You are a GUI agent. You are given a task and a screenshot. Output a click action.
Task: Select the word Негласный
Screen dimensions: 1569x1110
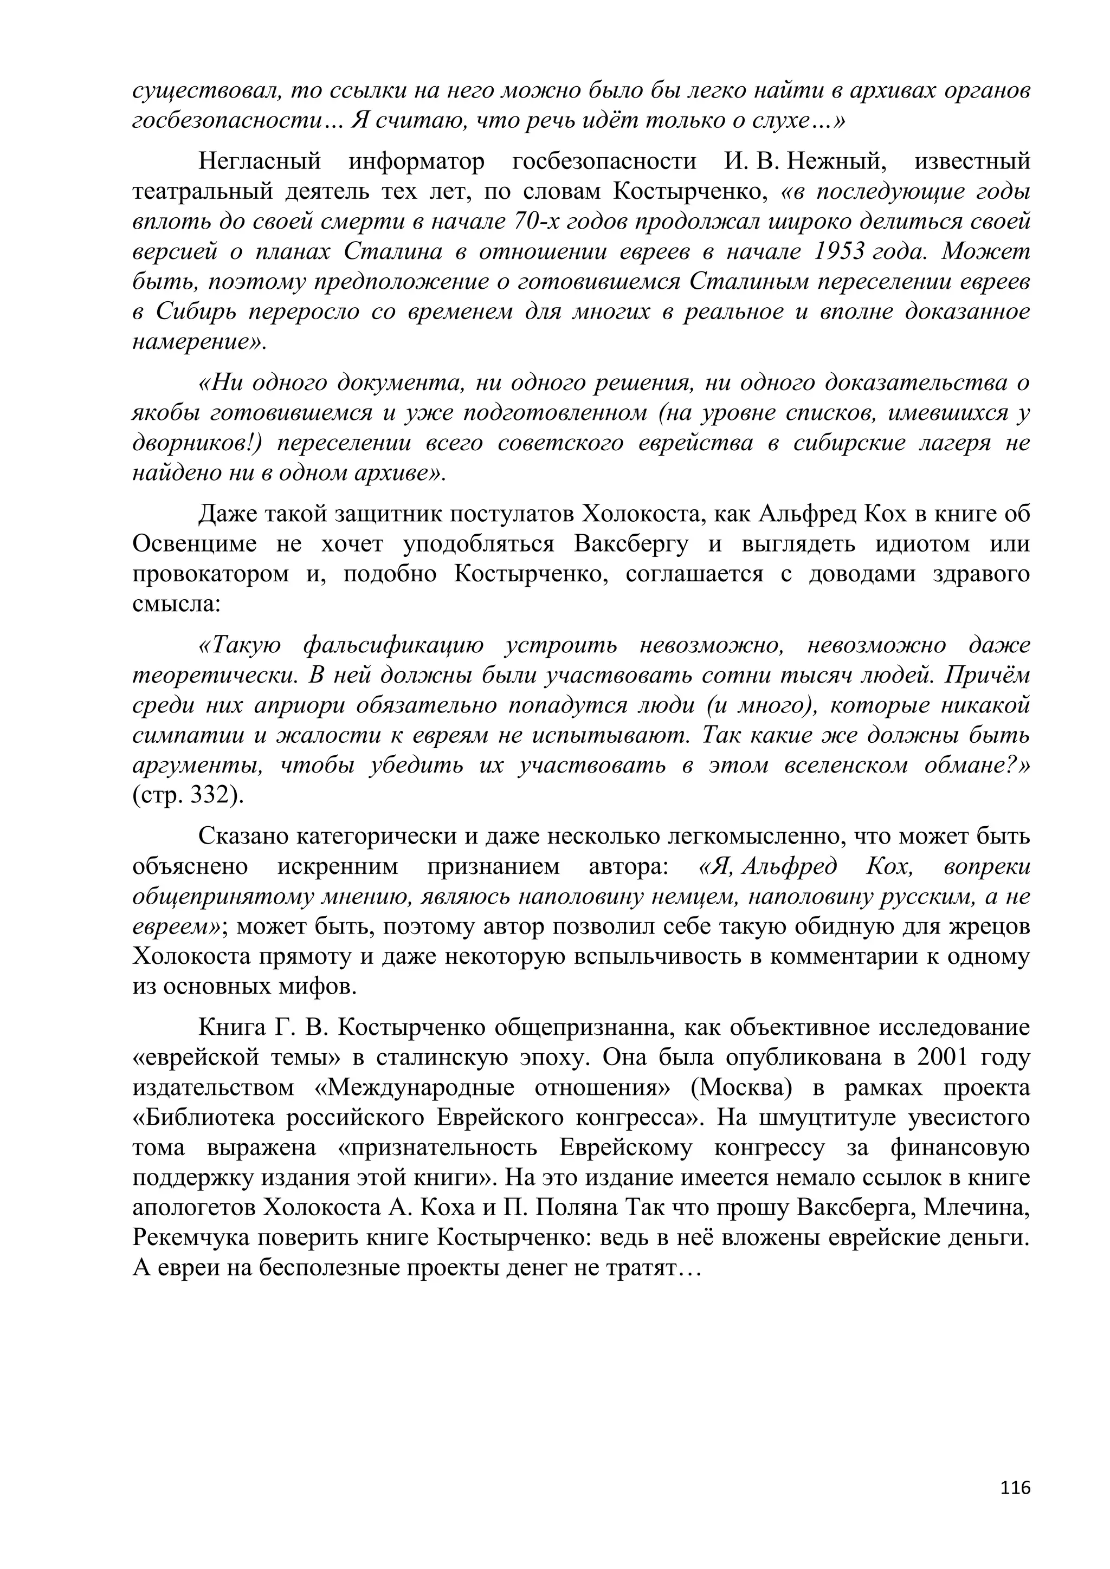pyautogui.click(x=259, y=162)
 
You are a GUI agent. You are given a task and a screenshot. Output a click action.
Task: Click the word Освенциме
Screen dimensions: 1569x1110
pyautogui.click(x=195, y=544)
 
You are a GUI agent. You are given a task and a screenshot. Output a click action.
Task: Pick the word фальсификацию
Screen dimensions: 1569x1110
pyautogui.click(x=392, y=646)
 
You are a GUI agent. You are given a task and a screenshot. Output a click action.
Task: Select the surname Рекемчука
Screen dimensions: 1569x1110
pyautogui.click(x=194, y=1237)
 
